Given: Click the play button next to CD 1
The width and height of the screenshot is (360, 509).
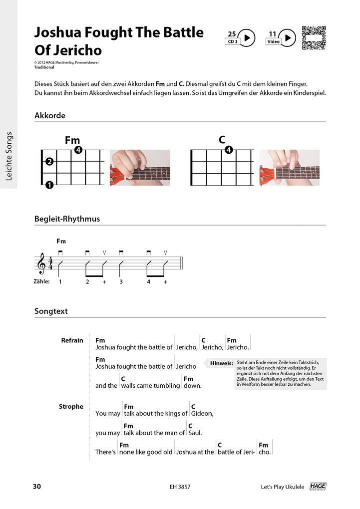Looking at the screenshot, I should pyautogui.click(x=247, y=37).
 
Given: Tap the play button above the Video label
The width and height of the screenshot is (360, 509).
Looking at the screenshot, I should pyautogui.click(x=287, y=37).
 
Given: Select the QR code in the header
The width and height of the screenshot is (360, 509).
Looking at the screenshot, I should pyautogui.click(x=314, y=38).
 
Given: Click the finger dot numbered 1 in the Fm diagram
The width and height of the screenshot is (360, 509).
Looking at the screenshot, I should pyautogui.click(x=49, y=186).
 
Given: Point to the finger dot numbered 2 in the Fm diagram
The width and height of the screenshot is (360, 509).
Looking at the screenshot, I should pyautogui.click(x=49, y=162).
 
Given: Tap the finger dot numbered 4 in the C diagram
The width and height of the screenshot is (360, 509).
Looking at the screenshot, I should pyautogui.click(x=228, y=150).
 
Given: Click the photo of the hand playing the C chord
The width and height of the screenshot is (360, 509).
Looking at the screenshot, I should pyautogui.click(x=290, y=168).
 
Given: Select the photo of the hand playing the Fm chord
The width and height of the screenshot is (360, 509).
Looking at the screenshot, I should pyautogui.click(x=140, y=168).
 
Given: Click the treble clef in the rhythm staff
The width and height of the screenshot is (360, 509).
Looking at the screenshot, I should pyautogui.click(x=42, y=263).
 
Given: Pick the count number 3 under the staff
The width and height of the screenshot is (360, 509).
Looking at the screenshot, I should pyautogui.click(x=120, y=282).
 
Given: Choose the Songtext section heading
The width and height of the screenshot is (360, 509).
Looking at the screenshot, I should pyautogui.click(x=51, y=311).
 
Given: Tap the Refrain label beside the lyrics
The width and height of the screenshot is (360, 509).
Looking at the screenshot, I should pyautogui.click(x=72, y=340).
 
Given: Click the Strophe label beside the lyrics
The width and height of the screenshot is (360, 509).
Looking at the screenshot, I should pyautogui.click(x=71, y=407).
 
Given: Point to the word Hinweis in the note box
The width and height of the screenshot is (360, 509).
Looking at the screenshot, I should pyautogui.click(x=222, y=363).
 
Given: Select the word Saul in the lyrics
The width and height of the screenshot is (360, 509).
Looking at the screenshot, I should pyautogui.click(x=195, y=433).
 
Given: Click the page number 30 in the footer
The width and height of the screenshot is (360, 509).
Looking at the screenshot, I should pyautogui.click(x=36, y=487).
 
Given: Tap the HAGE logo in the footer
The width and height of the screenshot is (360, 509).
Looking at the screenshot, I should pyautogui.click(x=318, y=487).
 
